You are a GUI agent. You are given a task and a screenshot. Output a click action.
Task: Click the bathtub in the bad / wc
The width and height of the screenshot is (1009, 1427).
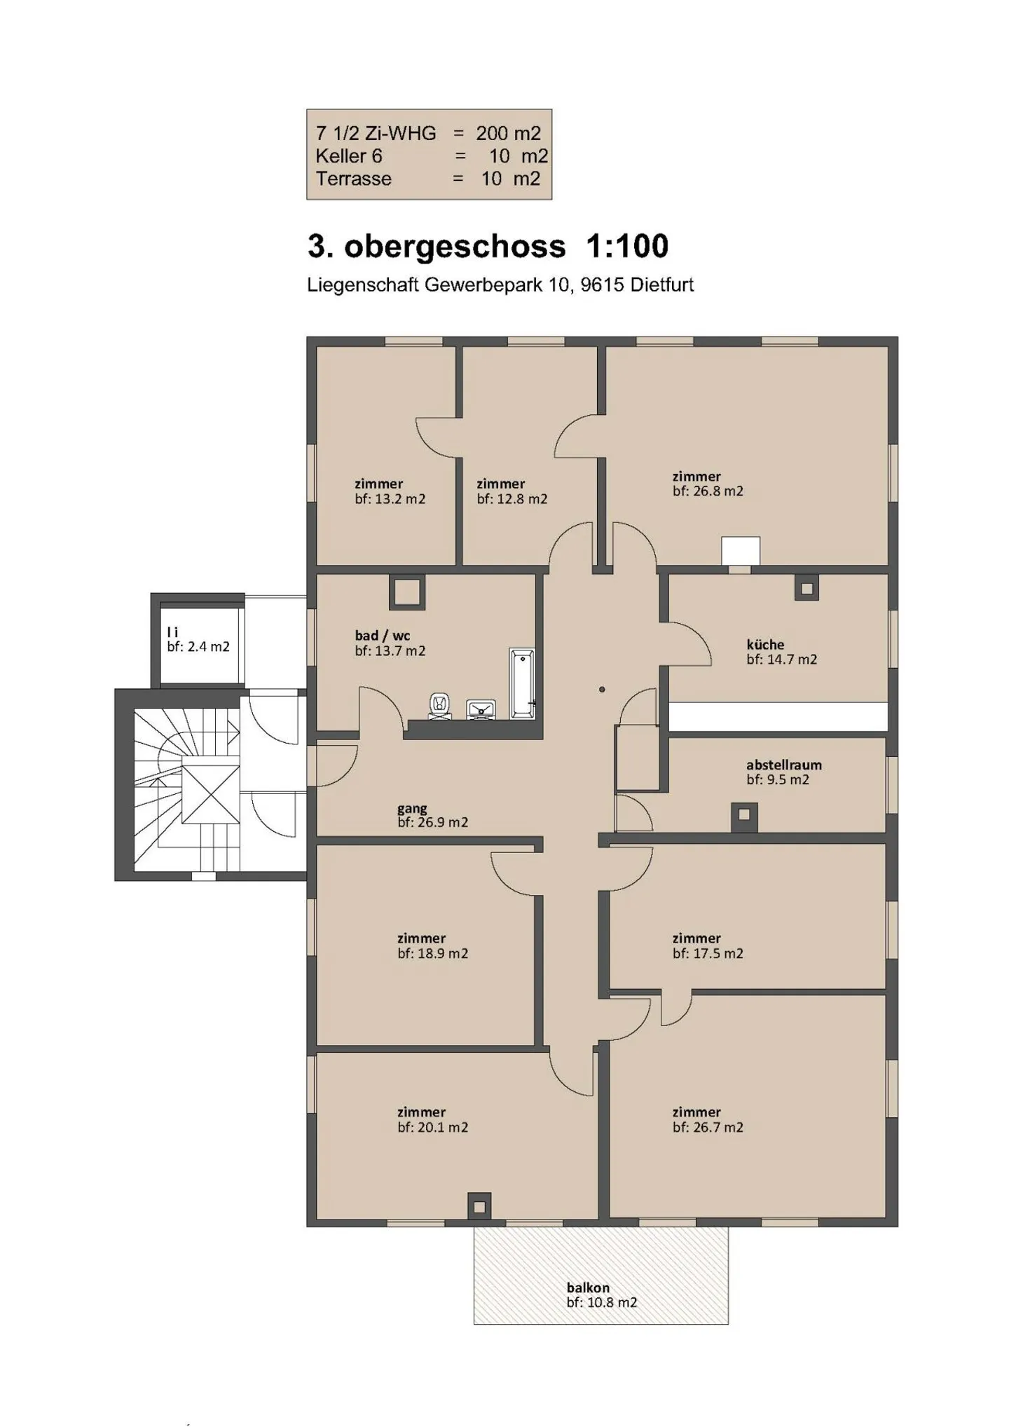click(522, 683)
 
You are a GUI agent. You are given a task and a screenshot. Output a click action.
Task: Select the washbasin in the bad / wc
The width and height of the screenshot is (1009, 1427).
click(481, 709)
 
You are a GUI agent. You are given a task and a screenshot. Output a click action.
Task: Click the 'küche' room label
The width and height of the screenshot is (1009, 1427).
click(765, 644)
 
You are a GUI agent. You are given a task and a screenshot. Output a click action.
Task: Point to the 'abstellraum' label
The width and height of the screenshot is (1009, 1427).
click(783, 765)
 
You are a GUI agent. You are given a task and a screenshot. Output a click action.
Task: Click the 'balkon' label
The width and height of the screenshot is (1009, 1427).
click(588, 1288)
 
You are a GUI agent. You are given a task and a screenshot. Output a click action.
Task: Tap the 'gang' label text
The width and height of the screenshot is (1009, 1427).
click(412, 809)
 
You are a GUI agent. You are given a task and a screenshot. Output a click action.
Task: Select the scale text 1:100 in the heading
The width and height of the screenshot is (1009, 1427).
click(626, 246)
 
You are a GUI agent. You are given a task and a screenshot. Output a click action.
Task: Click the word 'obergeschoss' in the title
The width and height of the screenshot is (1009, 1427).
click(455, 246)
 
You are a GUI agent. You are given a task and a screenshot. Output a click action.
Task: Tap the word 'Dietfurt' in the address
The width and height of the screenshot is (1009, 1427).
click(661, 285)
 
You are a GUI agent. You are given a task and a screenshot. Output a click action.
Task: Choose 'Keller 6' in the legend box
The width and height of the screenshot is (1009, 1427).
click(348, 156)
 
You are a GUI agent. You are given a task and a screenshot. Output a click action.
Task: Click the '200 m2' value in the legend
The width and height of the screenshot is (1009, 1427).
click(508, 133)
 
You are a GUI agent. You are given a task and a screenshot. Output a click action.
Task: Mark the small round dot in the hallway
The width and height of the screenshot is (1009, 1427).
click(602, 690)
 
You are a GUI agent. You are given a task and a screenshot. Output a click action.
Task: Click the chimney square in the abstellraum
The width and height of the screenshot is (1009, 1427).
click(744, 814)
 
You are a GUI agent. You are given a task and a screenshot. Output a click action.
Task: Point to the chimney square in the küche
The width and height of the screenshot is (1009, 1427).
click(806, 588)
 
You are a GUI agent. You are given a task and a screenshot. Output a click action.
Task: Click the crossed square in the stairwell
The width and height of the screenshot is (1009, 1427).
click(211, 794)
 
